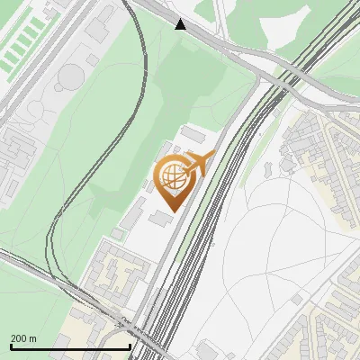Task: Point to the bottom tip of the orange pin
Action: (172, 210)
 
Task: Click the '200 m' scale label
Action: (23, 337)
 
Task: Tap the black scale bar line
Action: (70, 346)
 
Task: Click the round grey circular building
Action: (69, 80)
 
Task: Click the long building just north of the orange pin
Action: (193, 134)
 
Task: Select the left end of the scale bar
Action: (11, 346)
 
